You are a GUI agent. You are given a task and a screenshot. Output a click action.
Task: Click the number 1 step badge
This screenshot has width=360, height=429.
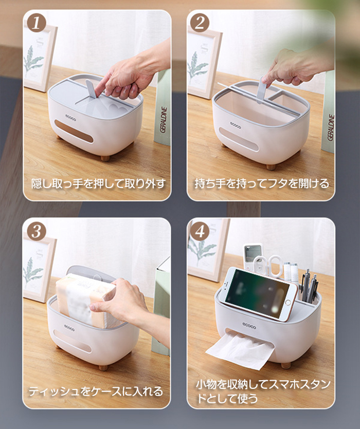[x=36, y=23]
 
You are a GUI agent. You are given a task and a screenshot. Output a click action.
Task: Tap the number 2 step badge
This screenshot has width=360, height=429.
[x=200, y=23]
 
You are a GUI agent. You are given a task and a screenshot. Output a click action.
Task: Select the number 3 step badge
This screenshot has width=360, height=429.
[x=36, y=232]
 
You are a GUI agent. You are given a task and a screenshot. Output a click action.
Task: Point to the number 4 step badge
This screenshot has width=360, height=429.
[x=200, y=232]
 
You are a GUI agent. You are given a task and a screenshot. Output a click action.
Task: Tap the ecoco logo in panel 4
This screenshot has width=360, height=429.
[x=249, y=326]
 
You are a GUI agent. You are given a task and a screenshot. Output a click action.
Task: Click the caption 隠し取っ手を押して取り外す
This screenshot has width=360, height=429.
[x=99, y=183]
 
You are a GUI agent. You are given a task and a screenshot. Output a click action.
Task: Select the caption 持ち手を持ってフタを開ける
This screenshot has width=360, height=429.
[x=262, y=183]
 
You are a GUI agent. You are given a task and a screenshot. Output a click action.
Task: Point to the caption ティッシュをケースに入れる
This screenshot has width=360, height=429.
[x=96, y=391]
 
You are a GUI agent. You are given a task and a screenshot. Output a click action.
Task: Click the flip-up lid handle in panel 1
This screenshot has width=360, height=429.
[x=91, y=89]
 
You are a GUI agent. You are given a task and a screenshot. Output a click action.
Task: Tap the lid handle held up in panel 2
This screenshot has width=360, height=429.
[x=262, y=90]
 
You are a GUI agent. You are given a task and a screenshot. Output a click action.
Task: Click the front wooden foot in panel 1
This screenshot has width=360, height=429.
[x=105, y=158]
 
